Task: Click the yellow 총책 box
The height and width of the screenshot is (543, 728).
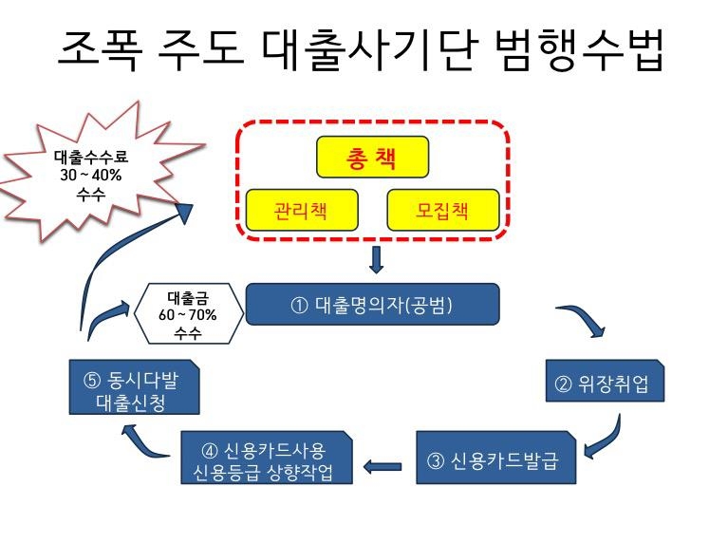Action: pos(372,159)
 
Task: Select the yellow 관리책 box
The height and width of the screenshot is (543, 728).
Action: pos(301,210)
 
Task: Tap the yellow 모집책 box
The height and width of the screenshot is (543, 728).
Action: pos(443,210)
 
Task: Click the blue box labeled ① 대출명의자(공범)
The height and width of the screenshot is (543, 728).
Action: pos(372,305)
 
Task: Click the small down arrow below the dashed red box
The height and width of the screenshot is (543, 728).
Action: pos(376,259)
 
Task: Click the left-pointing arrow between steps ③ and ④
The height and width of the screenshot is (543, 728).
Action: pos(383,465)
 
